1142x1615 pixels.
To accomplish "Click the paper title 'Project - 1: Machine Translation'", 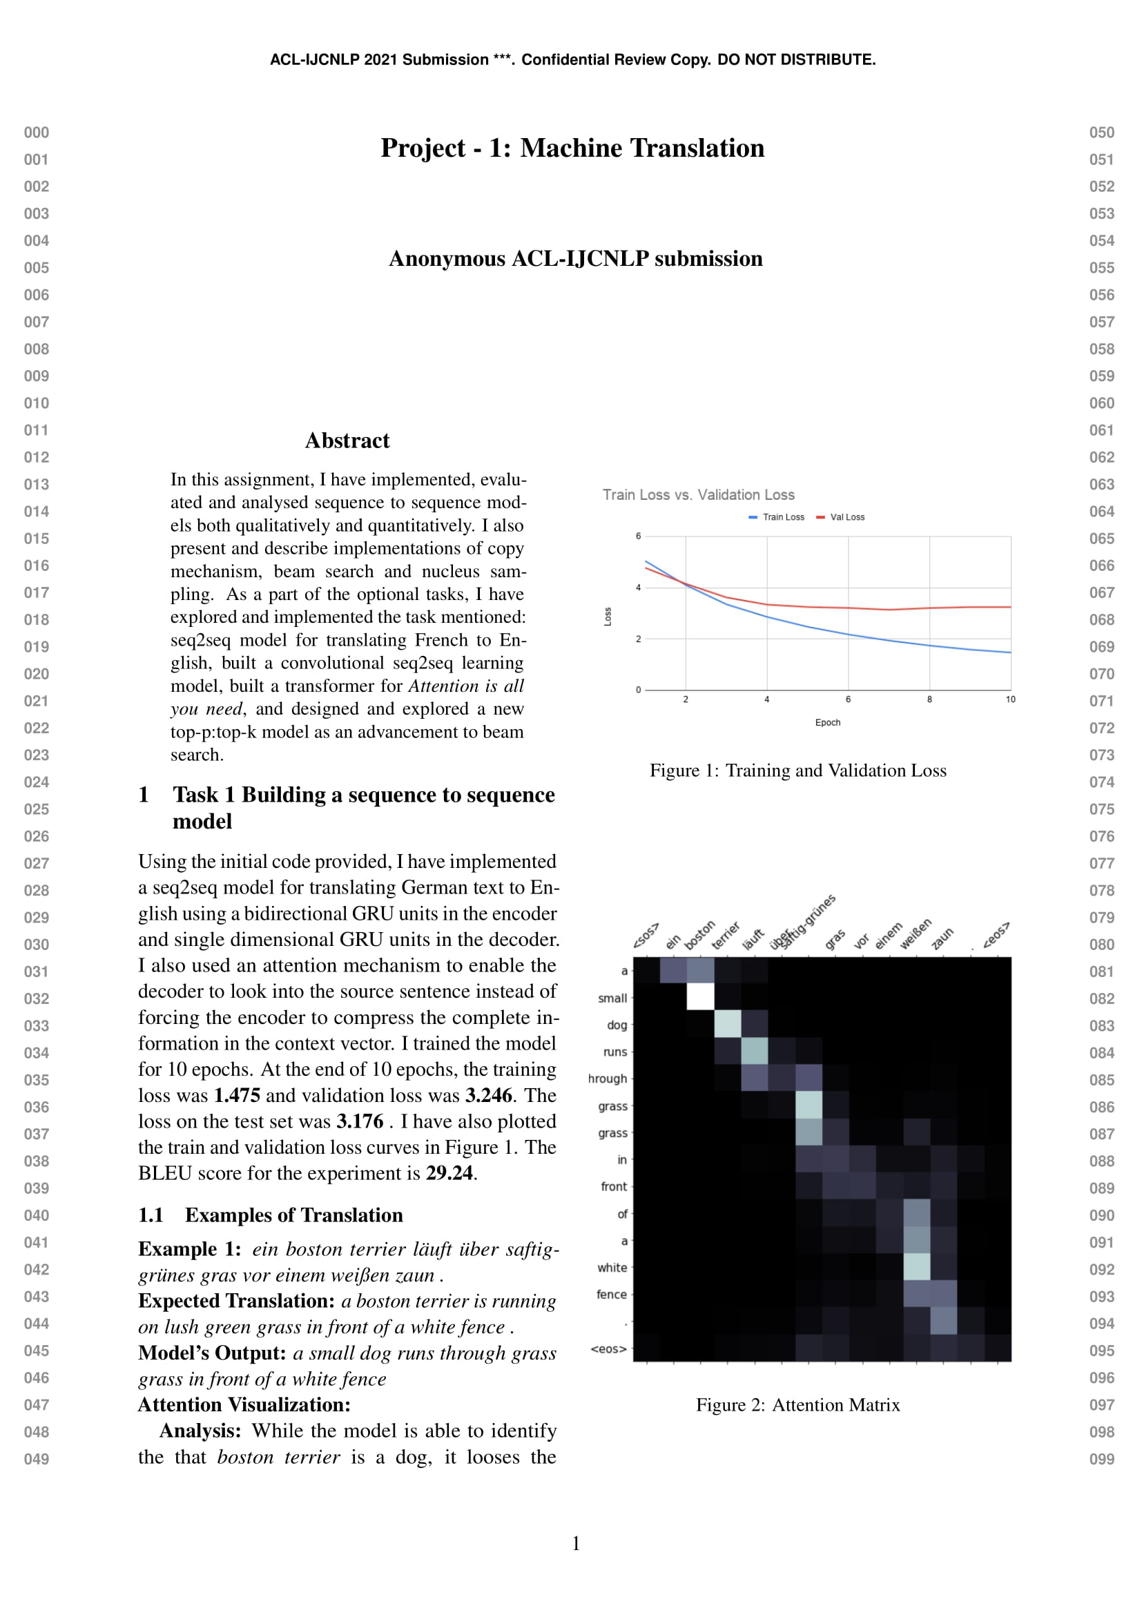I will pos(572,148).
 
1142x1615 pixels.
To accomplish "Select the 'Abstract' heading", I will pos(347,441).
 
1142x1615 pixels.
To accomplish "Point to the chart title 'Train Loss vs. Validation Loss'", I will pos(697,495).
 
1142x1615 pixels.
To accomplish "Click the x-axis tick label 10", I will pos(1010,699).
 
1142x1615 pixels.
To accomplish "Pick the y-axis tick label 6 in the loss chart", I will pos(639,536).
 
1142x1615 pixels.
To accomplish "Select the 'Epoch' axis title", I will pos(827,722).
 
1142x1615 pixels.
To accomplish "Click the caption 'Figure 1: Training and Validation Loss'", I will pos(797,771).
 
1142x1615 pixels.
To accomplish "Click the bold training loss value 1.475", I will pos(237,1096).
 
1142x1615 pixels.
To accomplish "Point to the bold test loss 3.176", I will pos(359,1122).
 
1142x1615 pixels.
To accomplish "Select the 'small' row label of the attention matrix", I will pos(612,998).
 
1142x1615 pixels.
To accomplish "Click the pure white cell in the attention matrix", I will pos(699,997).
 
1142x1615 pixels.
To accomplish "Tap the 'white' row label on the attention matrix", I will pos(612,1268).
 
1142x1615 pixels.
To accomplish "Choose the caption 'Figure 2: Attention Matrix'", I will pos(797,1405).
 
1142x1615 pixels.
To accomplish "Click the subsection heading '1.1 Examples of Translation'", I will pos(270,1215).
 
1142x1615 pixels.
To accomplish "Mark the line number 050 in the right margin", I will pos(1101,133).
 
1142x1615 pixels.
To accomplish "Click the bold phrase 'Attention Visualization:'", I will pos(244,1405).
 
